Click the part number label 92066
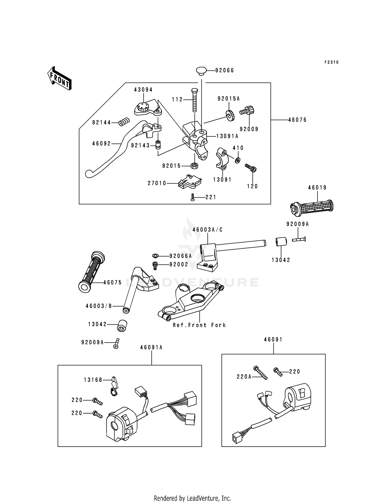(x=225, y=70)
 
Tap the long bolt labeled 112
(x=195, y=100)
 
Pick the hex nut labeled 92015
(x=194, y=166)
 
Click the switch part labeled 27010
(x=190, y=182)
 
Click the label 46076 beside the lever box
(x=297, y=120)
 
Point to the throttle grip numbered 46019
(x=312, y=206)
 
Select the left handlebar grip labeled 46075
(x=92, y=271)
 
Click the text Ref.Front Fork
(x=199, y=325)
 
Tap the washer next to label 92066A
(x=155, y=255)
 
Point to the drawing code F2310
(x=332, y=62)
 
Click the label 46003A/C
(x=207, y=230)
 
